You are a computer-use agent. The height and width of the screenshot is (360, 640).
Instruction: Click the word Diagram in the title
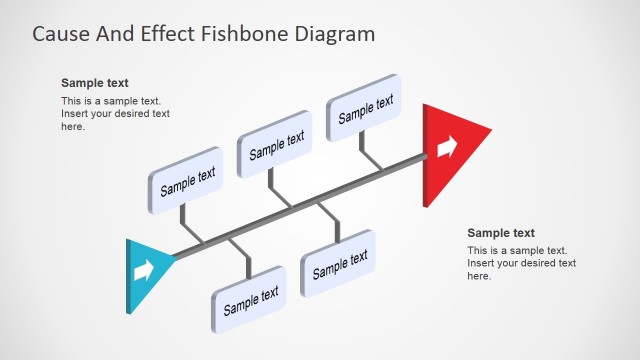(336, 33)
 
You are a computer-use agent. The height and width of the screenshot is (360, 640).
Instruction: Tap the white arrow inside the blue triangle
(144, 270)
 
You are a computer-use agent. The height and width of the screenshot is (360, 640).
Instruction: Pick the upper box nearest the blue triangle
(187, 181)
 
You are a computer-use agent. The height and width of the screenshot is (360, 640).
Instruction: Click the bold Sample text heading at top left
(95, 83)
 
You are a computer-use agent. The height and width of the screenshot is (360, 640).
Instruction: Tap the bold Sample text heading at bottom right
(501, 233)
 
